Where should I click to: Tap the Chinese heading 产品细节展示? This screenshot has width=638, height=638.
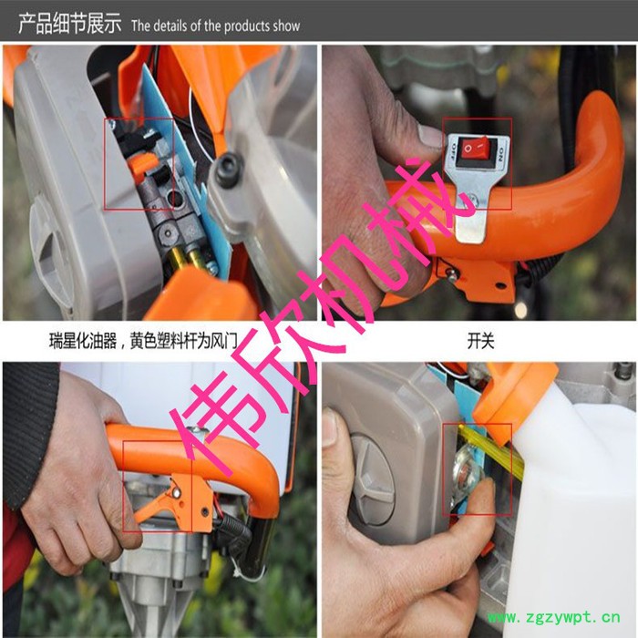pyautogui.click(x=69, y=23)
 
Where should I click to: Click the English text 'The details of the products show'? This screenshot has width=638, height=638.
pyautogui.click(x=215, y=26)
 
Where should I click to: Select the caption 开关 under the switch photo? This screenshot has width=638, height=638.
pyautogui.click(x=480, y=340)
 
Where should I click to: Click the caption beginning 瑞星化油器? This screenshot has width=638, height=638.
pyautogui.click(x=143, y=340)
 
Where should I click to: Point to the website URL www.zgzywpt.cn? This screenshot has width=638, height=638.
pyautogui.click(x=554, y=617)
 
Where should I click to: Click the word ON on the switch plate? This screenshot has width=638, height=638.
pyautogui.click(x=501, y=154)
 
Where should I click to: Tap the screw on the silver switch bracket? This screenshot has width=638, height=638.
pyautogui.click(x=472, y=200)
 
